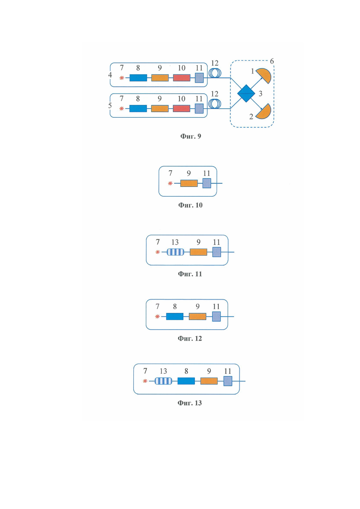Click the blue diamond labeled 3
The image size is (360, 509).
coord(246,94)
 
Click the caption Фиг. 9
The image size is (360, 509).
coord(191,136)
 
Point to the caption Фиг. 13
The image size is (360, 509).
coord(190,403)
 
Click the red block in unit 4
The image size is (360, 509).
coord(181,78)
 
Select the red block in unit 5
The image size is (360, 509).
coord(181,108)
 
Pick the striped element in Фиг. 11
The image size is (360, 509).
coord(175,252)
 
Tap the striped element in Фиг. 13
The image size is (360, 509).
coord(163,381)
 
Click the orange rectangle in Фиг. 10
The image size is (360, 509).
coord(189,183)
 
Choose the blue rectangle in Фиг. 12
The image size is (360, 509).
coord(174,317)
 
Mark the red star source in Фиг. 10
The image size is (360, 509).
coord(170,183)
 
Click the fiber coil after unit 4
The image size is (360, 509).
coord(215,73)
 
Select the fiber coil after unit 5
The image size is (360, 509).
coord(215,104)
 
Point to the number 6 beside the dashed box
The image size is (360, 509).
coord(272,61)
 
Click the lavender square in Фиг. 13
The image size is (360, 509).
coord(228,381)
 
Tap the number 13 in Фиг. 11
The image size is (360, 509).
coord(175,242)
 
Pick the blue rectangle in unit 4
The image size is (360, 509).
coord(138,78)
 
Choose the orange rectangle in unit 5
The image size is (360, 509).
coord(160,108)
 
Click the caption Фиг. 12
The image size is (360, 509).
coord(190,339)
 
